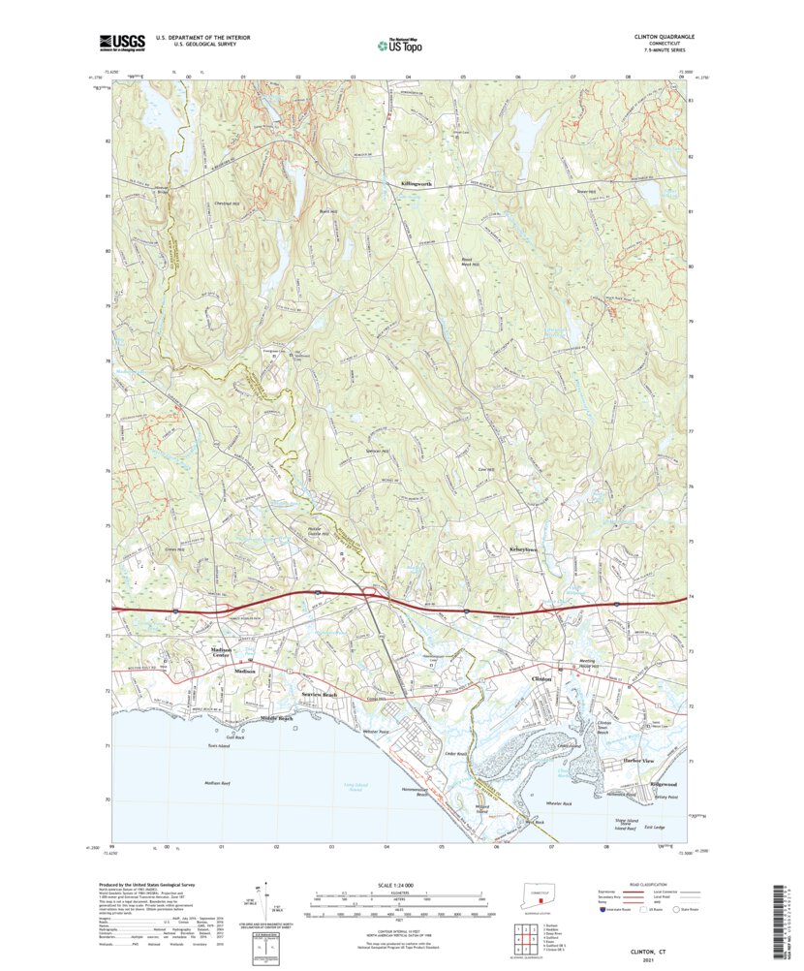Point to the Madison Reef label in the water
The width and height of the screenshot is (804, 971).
(x=216, y=782)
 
